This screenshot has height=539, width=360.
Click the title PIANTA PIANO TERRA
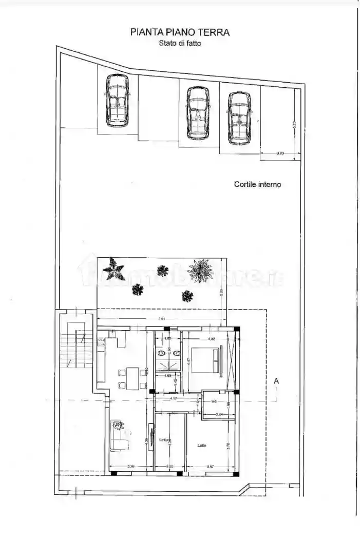pos(180,32)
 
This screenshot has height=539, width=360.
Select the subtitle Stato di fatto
pos(180,44)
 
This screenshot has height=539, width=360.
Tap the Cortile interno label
pos(257,184)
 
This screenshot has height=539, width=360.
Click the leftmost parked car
pos(117,101)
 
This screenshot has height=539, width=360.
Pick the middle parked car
pos(198,113)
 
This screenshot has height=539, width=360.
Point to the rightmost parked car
pos(239,118)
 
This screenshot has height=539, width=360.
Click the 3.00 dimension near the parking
pos(280,153)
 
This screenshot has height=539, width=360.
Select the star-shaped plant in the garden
pos(113,268)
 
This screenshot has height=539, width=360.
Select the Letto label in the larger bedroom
pos(202,446)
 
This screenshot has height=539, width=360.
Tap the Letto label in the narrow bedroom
pos(163,440)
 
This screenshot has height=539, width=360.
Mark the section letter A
pos(276,381)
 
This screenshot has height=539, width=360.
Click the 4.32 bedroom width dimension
pos(211,339)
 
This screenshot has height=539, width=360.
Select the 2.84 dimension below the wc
pos(219,414)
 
